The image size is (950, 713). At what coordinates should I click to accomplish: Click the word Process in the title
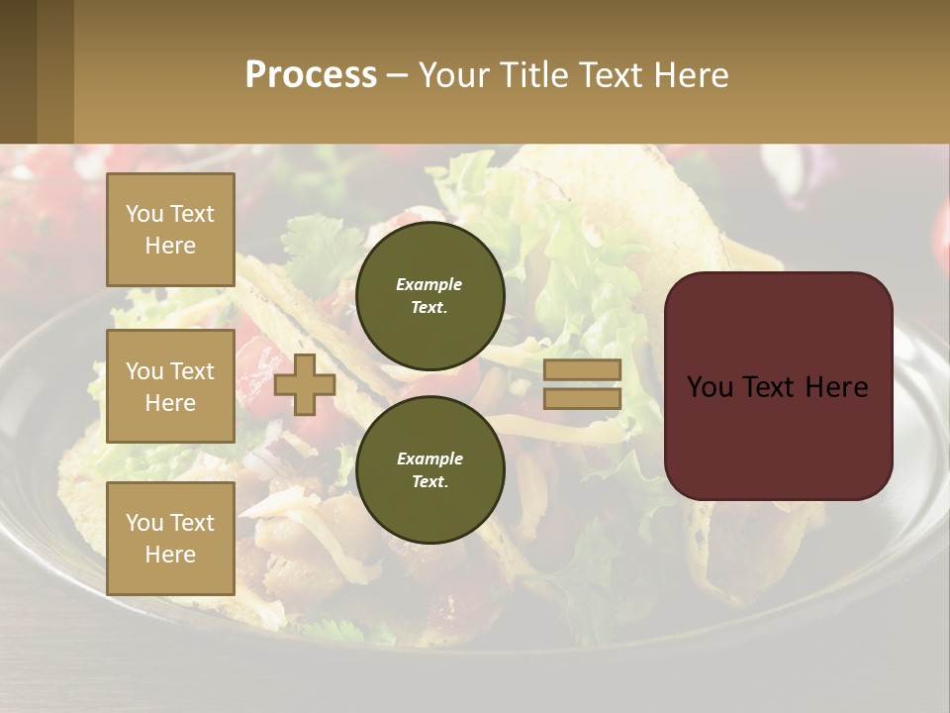pyautogui.click(x=311, y=75)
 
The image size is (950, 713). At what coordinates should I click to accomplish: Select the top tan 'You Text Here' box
pyautogui.click(x=170, y=230)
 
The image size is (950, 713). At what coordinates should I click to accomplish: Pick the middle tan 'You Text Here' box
pyautogui.click(x=170, y=386)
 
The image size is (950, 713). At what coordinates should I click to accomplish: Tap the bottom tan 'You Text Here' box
pyautogui.click(x=170, y=539)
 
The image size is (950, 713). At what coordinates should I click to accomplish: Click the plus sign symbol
pyautogui.click(x=305, y=384)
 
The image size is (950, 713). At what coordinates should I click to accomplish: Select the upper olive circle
pyautogui.click(x=429, y=295)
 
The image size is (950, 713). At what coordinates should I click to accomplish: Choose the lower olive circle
pyautogui.click(x=429, y=469)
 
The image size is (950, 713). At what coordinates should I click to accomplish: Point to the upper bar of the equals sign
pyautogui.click(x=582, y=369)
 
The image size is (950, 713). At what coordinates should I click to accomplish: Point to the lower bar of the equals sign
pyautogui.click(x=582, y=398)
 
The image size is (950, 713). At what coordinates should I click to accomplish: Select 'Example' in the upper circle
pyautogui.click(x=429, y=284)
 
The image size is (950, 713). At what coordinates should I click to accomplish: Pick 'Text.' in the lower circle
pyautogui.click(x=429, y=481)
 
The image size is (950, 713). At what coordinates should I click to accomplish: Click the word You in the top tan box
pyautogui.click(x=144, y=214)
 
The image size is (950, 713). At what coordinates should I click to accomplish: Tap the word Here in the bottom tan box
pyautogui.click(x=170, y=555)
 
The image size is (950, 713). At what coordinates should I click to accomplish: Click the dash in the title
pyautogui.click(x=397, y=75)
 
